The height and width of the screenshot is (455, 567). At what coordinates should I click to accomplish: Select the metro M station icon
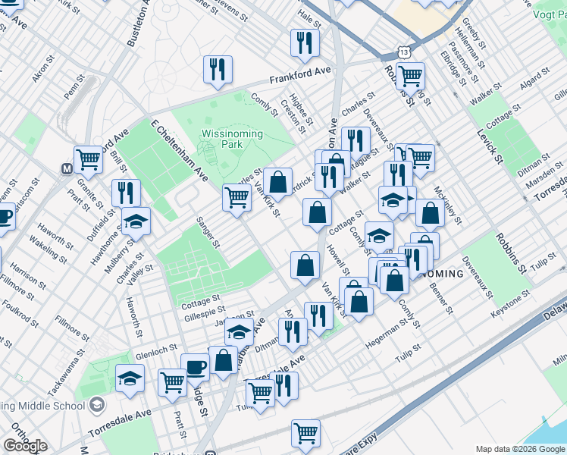point(67,168)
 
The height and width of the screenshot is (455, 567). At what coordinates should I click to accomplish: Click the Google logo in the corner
point(25,446)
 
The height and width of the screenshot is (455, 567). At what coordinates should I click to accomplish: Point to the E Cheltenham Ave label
point(179,149)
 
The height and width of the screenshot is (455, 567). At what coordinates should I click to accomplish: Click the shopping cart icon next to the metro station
point(89,159)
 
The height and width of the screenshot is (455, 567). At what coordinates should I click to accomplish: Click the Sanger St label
point(207,234)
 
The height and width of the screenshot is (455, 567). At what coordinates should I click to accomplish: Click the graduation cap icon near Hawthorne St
point(136,221)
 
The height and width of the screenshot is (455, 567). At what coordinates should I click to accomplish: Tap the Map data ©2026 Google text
point(520,449)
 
